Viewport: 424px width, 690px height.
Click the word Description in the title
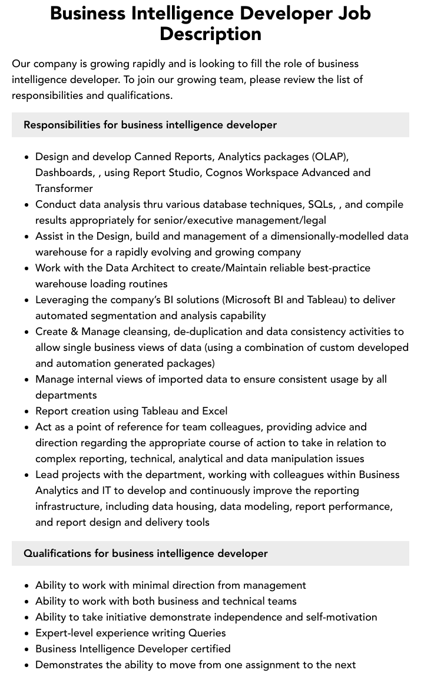tap(210, 34)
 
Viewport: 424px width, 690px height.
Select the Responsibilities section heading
tap(150, 125)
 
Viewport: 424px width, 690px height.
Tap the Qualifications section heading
tap(145, 553)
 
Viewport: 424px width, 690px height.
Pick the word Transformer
tap(64, 188)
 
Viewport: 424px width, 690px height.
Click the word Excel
tap(214, 411)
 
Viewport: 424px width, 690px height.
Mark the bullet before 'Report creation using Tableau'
tap(27, 412)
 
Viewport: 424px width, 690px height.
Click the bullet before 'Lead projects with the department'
tap(27, 475)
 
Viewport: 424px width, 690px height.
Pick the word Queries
tap(207, 633)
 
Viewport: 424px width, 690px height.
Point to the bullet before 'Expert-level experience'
tap(27, 633)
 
